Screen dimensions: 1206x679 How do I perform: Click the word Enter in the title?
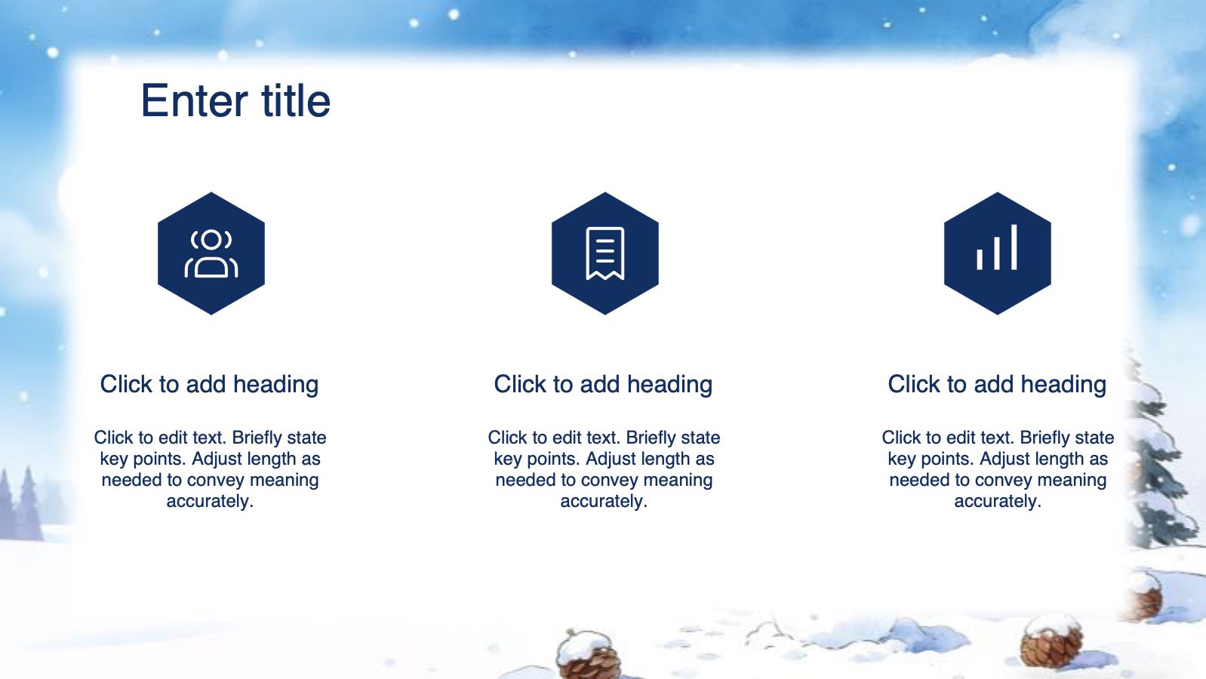tap(195, 100)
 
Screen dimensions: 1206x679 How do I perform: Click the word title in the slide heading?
tap(296, 100)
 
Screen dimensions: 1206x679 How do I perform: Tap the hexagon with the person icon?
tap(211, 253)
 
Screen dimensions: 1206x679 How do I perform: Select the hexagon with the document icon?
tap(605, 253)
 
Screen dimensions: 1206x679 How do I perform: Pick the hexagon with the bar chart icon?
tap(997, 253)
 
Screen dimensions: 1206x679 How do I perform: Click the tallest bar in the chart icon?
tap(1014, 247)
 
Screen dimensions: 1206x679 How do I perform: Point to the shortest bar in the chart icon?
tap(980, 259)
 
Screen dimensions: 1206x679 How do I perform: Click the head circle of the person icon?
tap(211, 239)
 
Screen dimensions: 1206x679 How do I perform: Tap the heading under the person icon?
tap(210, 385)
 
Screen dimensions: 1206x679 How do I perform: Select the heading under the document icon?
tap(603, 385)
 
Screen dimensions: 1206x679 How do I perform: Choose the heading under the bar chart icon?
tap(997, 385)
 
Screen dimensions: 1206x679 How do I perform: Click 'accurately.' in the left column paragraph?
tap(210, 502)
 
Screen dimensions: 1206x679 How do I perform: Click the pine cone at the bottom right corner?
tap(1052, 642)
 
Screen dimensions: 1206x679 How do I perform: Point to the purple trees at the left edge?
tap(22, 505)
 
